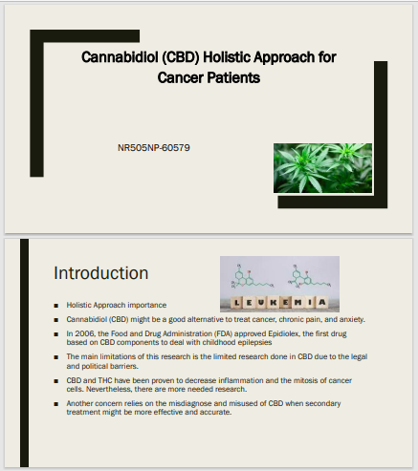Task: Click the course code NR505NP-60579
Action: tap(154, 148)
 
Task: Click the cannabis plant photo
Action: tap(322, 168)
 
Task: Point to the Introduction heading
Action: tap(101, 273)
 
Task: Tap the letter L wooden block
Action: tap(237, 302)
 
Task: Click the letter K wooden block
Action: tap(274, 302)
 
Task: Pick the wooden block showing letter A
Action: tap(322, 302)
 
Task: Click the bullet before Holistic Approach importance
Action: tap(56, 306)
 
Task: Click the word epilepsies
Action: tap(254, 342)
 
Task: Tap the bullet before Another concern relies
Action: tap(56, 404)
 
